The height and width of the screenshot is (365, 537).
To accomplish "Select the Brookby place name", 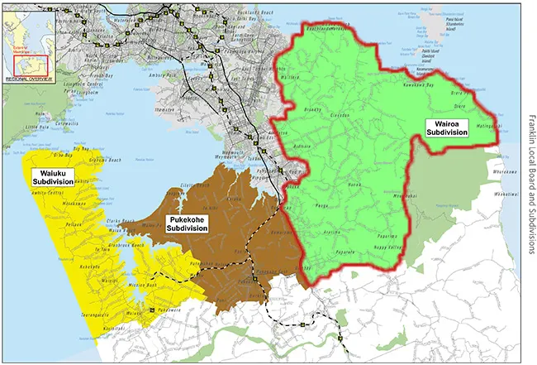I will [313, 108].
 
